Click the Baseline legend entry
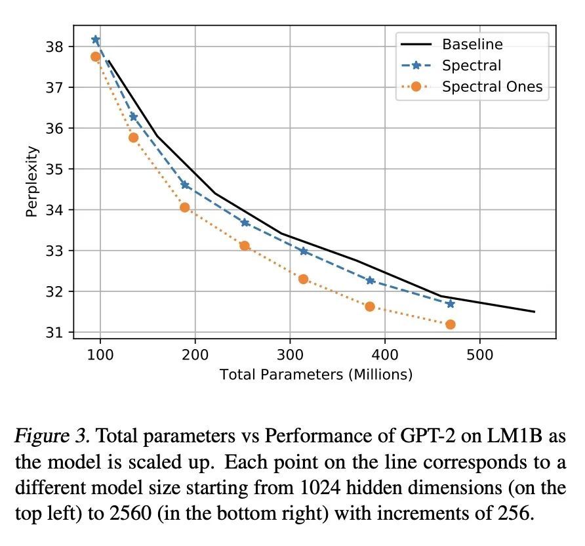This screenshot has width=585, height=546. (472, 45)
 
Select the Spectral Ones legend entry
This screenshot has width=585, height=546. (492, 87)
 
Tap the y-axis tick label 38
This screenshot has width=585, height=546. (54, 47)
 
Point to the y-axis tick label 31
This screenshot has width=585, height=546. (54, 333)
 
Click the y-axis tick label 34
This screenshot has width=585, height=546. (54, 210)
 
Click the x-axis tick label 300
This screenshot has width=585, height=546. (290, 354)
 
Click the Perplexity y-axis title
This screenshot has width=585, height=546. (32, 182)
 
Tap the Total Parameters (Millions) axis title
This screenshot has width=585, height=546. (315, 375)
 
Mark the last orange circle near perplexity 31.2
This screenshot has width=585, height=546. (450, 324)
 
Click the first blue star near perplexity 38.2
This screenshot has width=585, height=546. (96, 40)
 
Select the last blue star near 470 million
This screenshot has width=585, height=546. (450, 303)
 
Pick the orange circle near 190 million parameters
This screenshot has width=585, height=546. (185, 207)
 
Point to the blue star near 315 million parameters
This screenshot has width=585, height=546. (304, 251)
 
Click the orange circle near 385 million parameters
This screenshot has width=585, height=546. (370, 306)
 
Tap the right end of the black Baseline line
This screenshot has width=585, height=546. (535, 312)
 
